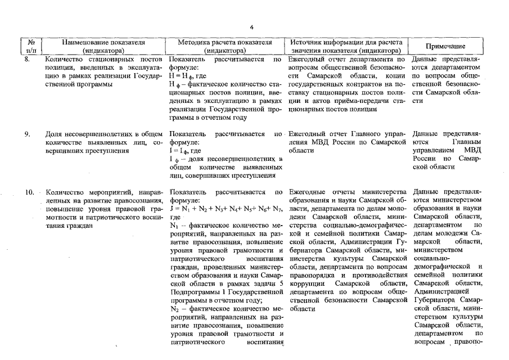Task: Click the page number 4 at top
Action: pyautogui.click(x=252, y=26)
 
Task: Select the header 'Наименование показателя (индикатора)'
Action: pyautogui.click(x=103, y=46)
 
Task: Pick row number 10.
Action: pyautogui.click(x=29, y=193)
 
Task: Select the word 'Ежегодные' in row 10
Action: pyautogui.click(x=308, y=193)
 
